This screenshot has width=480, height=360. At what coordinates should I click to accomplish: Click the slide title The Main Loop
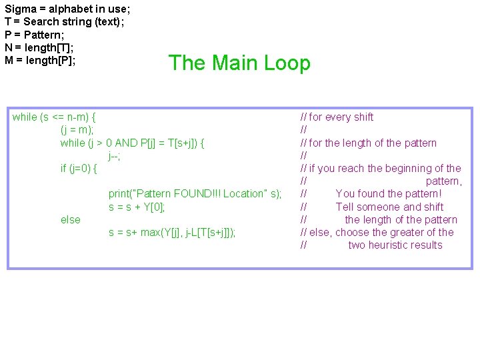(x=239, y=63)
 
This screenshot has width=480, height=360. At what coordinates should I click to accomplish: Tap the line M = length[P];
(x=40, y=61)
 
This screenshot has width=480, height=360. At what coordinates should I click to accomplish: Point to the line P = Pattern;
(x=33, y=35)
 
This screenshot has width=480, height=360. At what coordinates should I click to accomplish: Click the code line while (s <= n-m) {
(x=59, y=117)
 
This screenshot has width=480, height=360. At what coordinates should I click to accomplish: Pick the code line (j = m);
(x=77, y=130)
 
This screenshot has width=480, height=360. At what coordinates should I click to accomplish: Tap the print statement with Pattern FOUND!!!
(x=195, y=194)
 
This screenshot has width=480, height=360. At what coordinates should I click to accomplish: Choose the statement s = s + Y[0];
(x=137, y=207)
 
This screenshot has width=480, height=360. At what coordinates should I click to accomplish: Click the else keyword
(x=70, y=220)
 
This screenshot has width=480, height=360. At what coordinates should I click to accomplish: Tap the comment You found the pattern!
(x=389, y=194)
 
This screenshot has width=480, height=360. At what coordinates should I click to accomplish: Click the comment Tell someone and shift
(x=389, y=207)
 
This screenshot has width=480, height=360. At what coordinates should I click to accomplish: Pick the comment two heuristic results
(x=395, y=245)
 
